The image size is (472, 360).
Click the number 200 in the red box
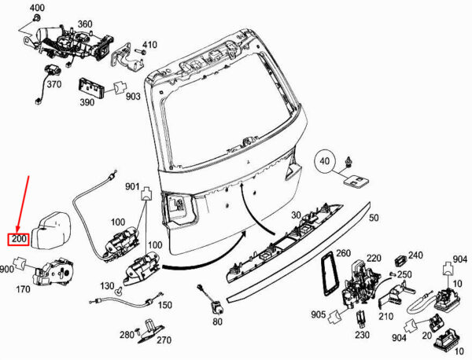19,240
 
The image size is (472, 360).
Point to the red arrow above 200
24,204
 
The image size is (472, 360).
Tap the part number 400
37,7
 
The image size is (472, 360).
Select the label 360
84,24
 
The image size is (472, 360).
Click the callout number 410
149,44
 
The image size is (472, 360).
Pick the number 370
53,84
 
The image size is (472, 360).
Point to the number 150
165,305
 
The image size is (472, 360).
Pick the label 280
126,336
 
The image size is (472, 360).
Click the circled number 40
324,164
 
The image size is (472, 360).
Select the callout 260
343,253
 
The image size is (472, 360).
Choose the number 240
415,255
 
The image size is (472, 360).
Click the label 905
317,314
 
